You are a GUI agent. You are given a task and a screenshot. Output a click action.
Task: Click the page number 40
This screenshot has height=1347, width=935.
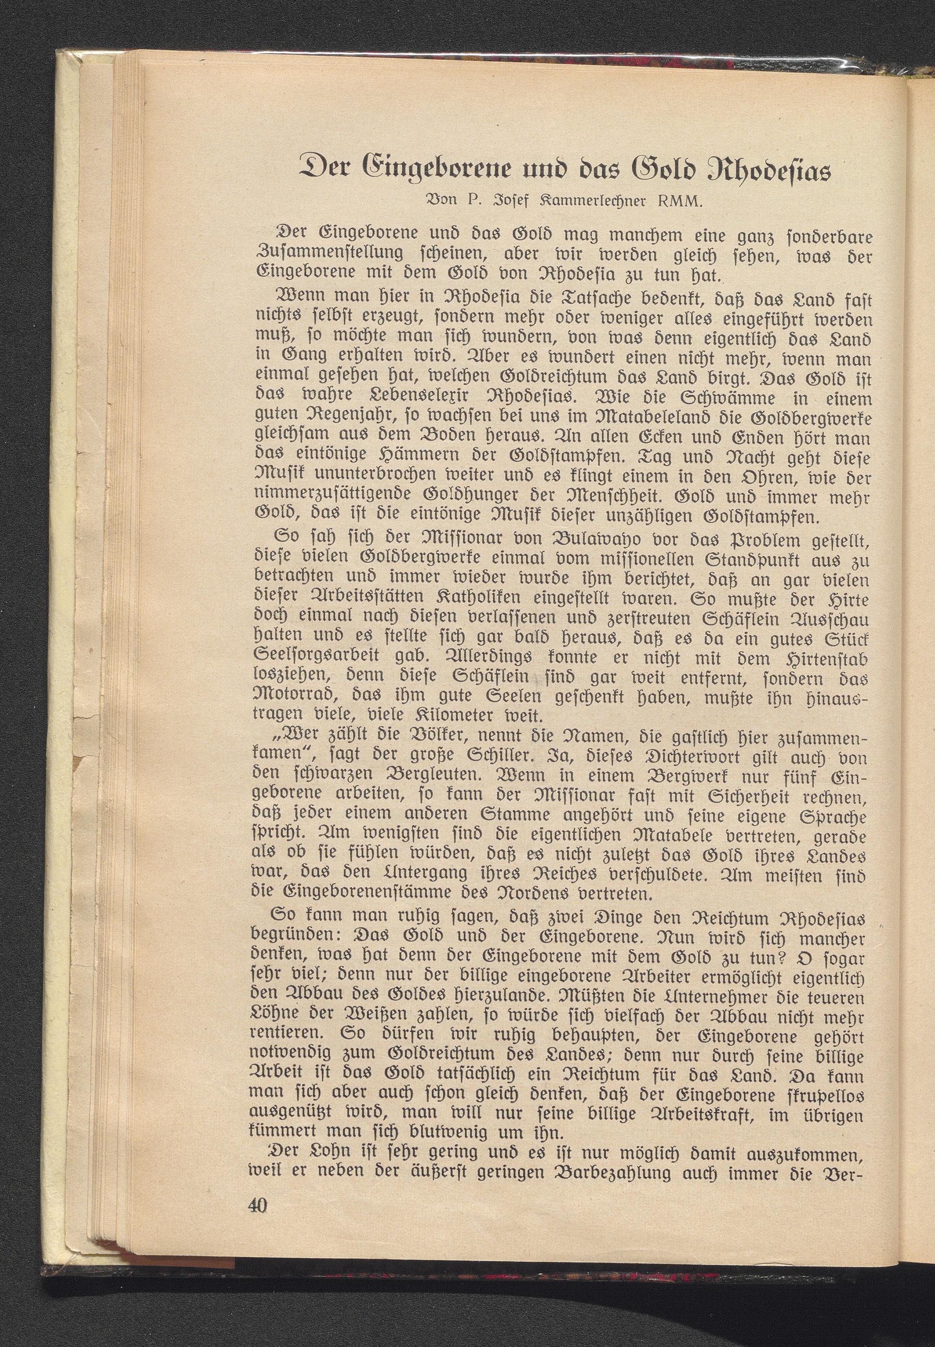pyautogui.click(x=256, y=1205)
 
